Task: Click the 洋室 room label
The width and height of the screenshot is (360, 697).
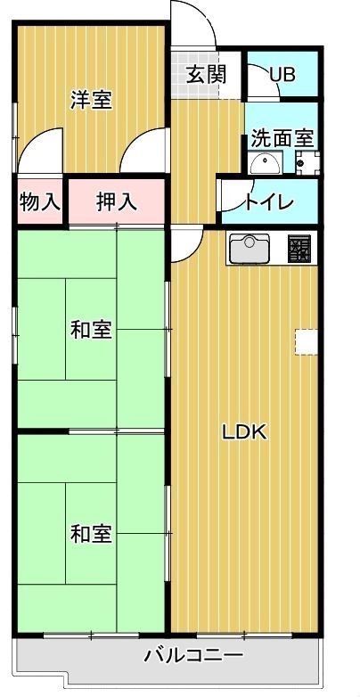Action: [91, 100]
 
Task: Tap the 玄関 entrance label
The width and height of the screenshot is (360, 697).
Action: [206, 75]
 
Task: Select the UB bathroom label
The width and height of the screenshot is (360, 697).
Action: [282, 75]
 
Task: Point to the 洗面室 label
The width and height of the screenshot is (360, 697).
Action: [281, 139]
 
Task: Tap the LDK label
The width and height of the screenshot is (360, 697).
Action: [244, 432]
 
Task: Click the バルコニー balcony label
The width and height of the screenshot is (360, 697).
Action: [193, 657]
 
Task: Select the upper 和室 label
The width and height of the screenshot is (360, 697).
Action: [91, 330]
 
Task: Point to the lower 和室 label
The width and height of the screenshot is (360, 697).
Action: [91, 534]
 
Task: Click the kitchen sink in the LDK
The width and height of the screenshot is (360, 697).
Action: [249, 247]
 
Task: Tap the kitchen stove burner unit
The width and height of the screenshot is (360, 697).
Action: [298, 248]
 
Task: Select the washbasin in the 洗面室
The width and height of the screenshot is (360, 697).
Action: [264, 163]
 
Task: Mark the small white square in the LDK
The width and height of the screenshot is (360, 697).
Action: [307, 342]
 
